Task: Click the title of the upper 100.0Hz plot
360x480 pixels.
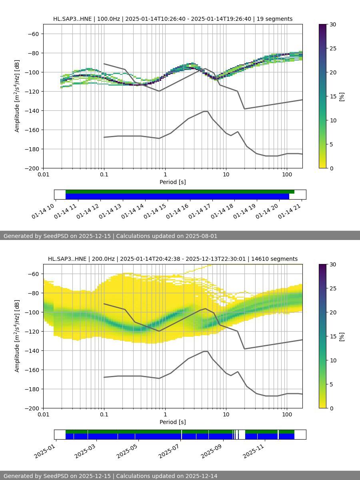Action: (173, 19)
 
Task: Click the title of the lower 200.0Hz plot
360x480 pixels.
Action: (173, 259)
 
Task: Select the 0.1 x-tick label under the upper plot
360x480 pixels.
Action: (104, 174)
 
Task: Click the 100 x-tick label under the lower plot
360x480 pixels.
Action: (287, 414)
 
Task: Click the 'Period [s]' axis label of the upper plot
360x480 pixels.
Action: (173, 182)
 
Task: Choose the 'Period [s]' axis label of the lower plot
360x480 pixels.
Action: (173, 422)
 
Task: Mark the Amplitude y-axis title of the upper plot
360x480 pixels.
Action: (17, 96)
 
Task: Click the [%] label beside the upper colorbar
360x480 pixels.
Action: (342, 96)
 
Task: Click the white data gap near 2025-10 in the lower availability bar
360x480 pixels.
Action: (242, 434)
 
